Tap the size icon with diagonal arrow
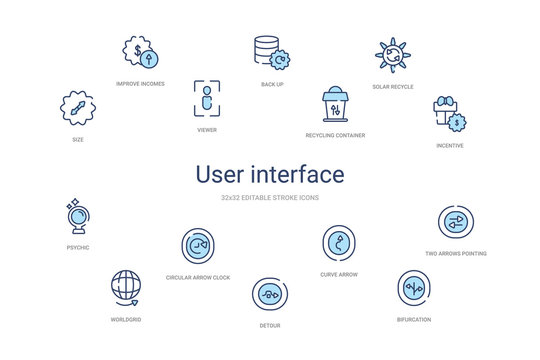click(x=78, y=106)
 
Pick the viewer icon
click(x=206, y=97)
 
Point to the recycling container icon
click(x=334, y=105)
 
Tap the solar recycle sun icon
click(x=391, y=55)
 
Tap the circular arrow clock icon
click(x=198, y=245)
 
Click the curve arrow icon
click(x=339, y=242)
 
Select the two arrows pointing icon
click(x=455, y=222)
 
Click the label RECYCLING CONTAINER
click(x=335, y=134)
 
